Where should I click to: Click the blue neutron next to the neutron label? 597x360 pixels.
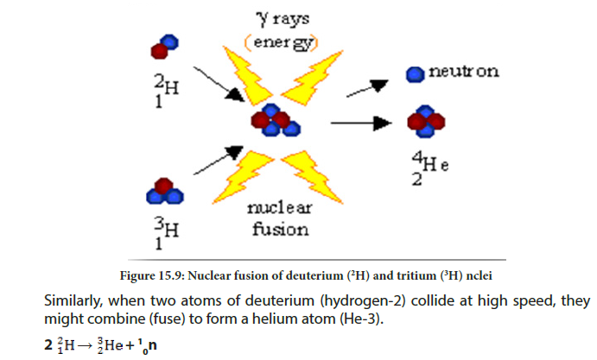click(x=415, y=74)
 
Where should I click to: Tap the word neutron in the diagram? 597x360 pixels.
click(x=463, y=71)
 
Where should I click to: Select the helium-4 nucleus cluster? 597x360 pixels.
click(x=426, y=122)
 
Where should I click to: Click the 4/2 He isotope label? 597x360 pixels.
click(x=430, y=168)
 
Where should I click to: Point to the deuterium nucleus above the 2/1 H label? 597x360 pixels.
click(x=164, y=47)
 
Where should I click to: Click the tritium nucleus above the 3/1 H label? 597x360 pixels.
click(x=165, y=191)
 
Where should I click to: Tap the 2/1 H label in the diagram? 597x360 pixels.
click(x=167, y=91)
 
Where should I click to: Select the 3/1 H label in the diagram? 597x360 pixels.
click(x=167, y=233)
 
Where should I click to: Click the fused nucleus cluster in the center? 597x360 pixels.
click(x=276, y=120)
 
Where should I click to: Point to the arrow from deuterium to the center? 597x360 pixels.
click(x=219, y=84)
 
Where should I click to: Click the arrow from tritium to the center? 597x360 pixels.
click(x=219, y=161)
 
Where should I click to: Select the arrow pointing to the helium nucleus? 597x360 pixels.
click(x=361, y=123)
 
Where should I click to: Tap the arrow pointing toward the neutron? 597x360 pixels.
click(x=367, y=88)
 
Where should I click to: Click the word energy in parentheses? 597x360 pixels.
click(x=282, y=42)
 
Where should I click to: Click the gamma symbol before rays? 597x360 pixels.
click(x=264, y=19)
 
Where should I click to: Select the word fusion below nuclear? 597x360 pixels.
click(x=280, y=230)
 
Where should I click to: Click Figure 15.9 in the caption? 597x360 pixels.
click(x=152, y=275)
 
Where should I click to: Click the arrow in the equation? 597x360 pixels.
click(x=85, y=345)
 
